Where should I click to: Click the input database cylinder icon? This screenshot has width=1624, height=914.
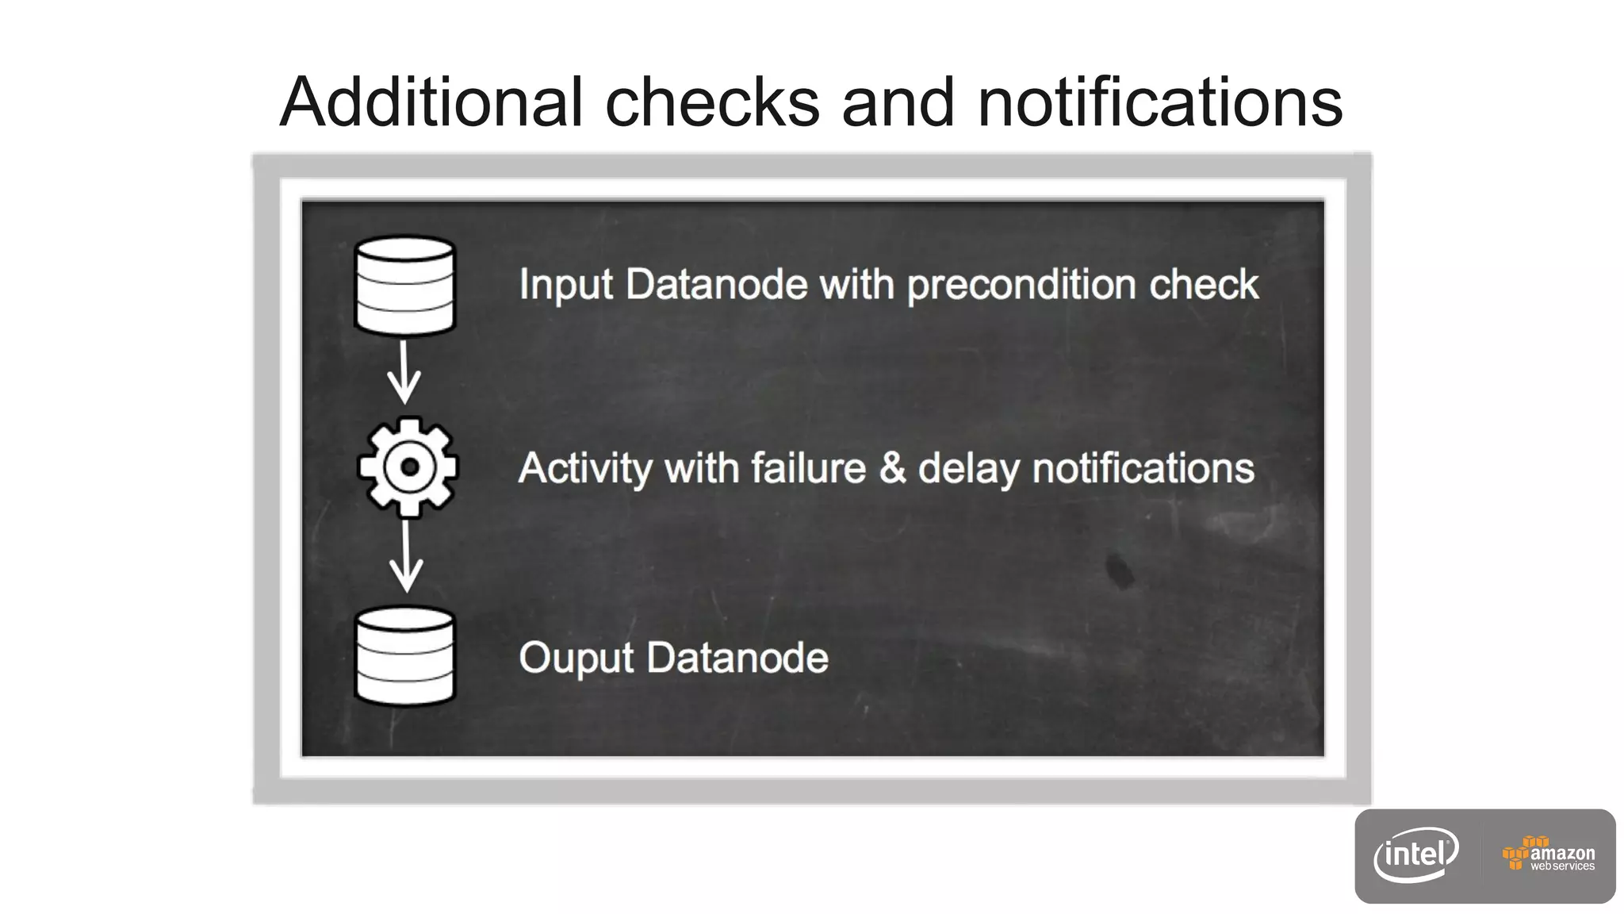coord(404,285)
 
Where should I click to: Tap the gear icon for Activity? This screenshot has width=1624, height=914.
coord(408,467)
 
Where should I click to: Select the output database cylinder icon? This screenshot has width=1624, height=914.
coord(404,656)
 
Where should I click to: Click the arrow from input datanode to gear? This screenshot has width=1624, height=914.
coord(404,373)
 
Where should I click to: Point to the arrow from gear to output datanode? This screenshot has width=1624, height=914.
coord(406,557)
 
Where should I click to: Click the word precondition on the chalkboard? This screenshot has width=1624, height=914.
coord(1021,286)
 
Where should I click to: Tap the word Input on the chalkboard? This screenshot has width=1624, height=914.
coord(565,286)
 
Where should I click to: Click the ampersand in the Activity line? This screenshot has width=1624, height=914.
coord(892,468)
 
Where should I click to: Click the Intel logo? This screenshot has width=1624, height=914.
coord(1416,855)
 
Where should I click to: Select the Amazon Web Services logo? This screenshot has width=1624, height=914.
coord(1548,855)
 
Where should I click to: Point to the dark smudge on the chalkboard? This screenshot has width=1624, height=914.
coord(1120,570)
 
